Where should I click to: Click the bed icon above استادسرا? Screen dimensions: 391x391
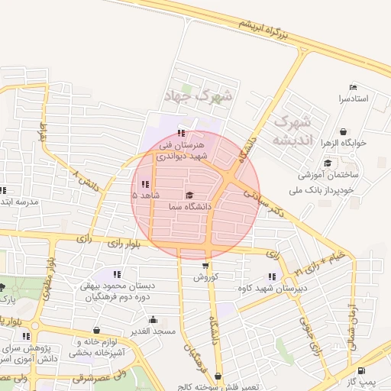point(352,87)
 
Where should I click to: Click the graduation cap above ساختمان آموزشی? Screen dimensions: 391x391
point(328,163)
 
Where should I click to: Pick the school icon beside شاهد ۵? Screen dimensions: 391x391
point(145,184)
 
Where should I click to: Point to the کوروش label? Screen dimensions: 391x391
point(205,277)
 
